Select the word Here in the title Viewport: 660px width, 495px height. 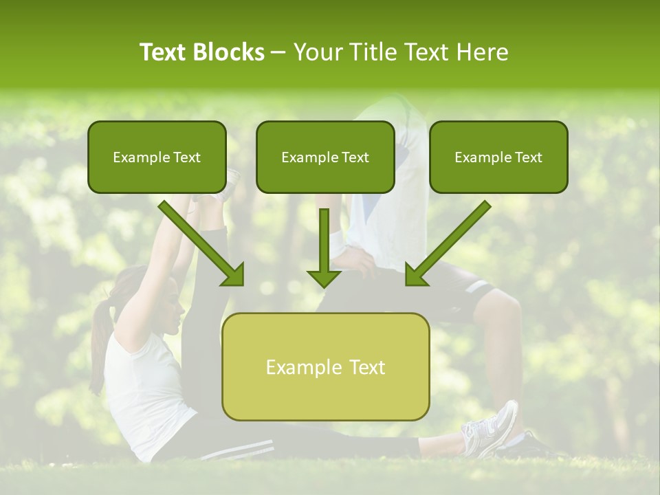point(483,52)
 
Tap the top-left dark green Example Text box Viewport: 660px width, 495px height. point(157,157)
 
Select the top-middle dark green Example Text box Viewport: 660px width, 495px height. point(325,157)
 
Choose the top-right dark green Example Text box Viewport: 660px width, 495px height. point(498,157)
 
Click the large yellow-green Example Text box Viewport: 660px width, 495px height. point(325,367)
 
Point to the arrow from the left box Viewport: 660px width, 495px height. point(203,244)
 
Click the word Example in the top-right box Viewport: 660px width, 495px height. point(480,157)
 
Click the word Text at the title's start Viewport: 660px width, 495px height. point(164,52)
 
